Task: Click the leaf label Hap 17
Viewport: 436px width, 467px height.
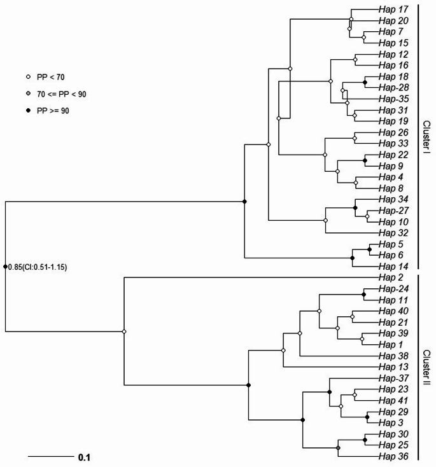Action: pyautogui.click(x=393, y=10)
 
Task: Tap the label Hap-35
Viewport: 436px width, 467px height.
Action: pyautogui.click(x=393, y=99)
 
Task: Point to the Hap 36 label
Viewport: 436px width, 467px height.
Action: pyautogui.click(x=393, y=456)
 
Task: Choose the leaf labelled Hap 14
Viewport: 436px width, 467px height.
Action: pyautogui.click(x=393, y=266)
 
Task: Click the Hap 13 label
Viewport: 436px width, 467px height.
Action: pyautogui.click(x=393, y=366)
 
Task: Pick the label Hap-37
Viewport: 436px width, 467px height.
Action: pyautogui.click(x=393, y=377)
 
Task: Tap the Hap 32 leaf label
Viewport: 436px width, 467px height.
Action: pyautogui.click(x=393, y=232)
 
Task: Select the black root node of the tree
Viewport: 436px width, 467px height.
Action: pyautogui.click(x=5, y=267)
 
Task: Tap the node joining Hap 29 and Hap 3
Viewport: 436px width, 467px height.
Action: pyautogui.click(x=367, y=416)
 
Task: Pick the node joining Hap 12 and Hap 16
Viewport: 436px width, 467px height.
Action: pyautogui.click(x=356, y=59)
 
